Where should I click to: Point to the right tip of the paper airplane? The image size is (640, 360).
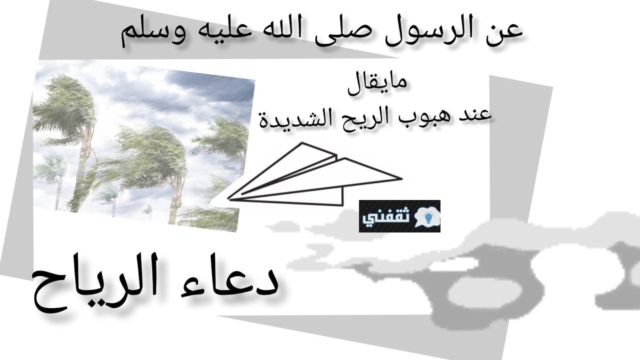[x=401, y=179]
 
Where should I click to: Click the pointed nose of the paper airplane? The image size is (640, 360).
[x=228, y=198]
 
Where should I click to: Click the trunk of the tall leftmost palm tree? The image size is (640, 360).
[x=83, y=160]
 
